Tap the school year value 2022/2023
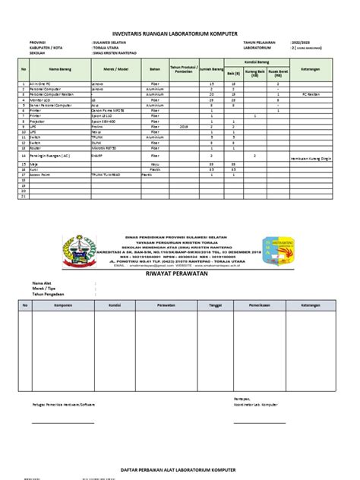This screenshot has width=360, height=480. pyautogui.click(x=302, y=43)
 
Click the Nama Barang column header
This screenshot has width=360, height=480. pyautogui.click(x=59, y=68)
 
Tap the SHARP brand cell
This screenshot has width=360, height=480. pyautogui.click(x=96, y=153)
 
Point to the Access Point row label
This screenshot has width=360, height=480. pyautogui.click(x=43, y=174)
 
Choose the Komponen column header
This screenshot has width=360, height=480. pyautogui.click(x=63, y=304)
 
